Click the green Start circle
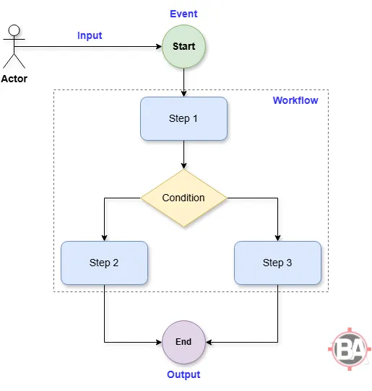[183, 46]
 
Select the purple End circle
[183, 341]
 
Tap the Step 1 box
[183, 118]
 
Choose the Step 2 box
[104, 263]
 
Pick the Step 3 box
[277, 263]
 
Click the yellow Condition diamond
[183, 198]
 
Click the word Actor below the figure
[15, 79]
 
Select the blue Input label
[90, 35]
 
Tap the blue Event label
[183, 14]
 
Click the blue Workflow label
[295, 100]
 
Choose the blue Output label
[183, 374]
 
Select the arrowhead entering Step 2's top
[104, 237]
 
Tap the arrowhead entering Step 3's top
[277, 237]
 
